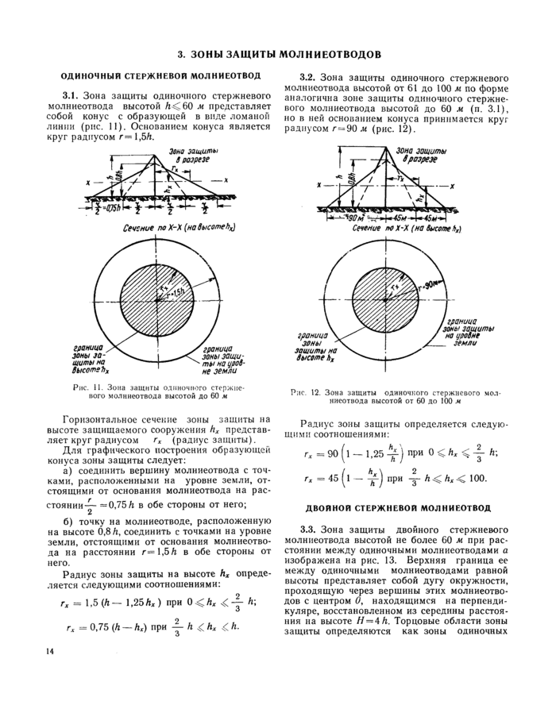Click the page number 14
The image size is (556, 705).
click(52, 652)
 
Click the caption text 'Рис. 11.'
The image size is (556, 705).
click(83, 387)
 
